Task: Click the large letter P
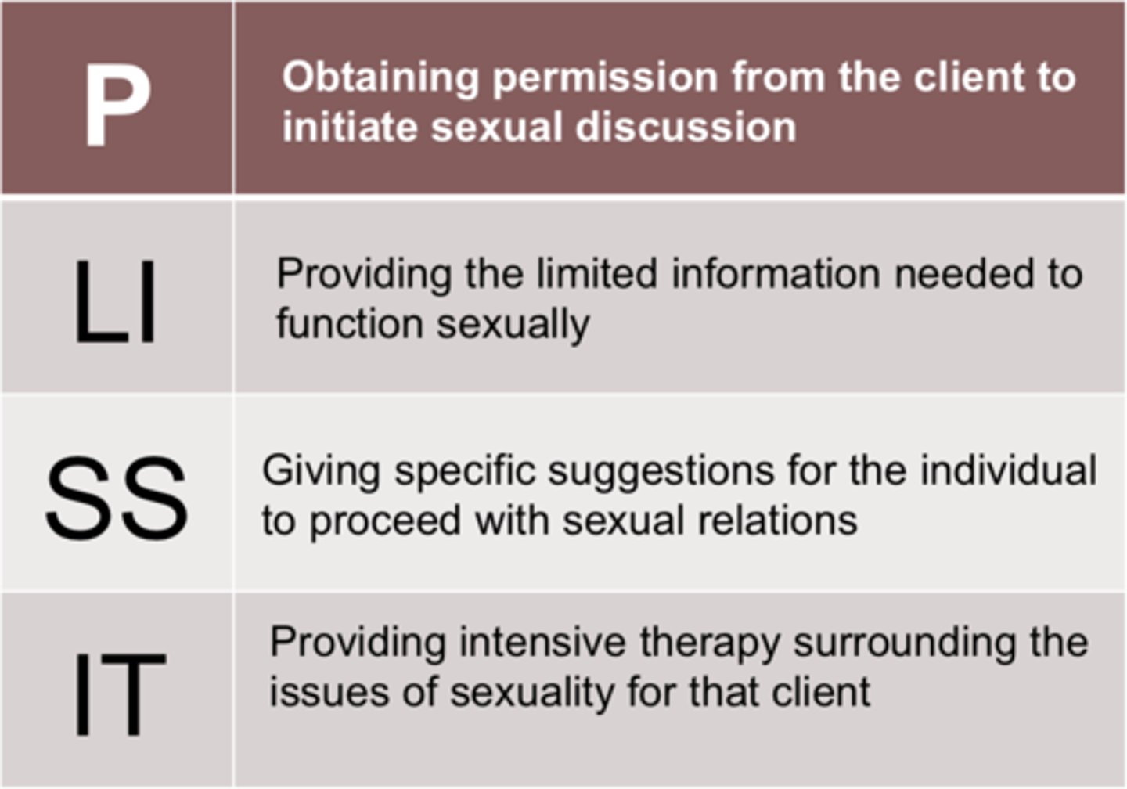[117, 106]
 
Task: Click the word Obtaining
[380, 78]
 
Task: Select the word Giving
[321, 470]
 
